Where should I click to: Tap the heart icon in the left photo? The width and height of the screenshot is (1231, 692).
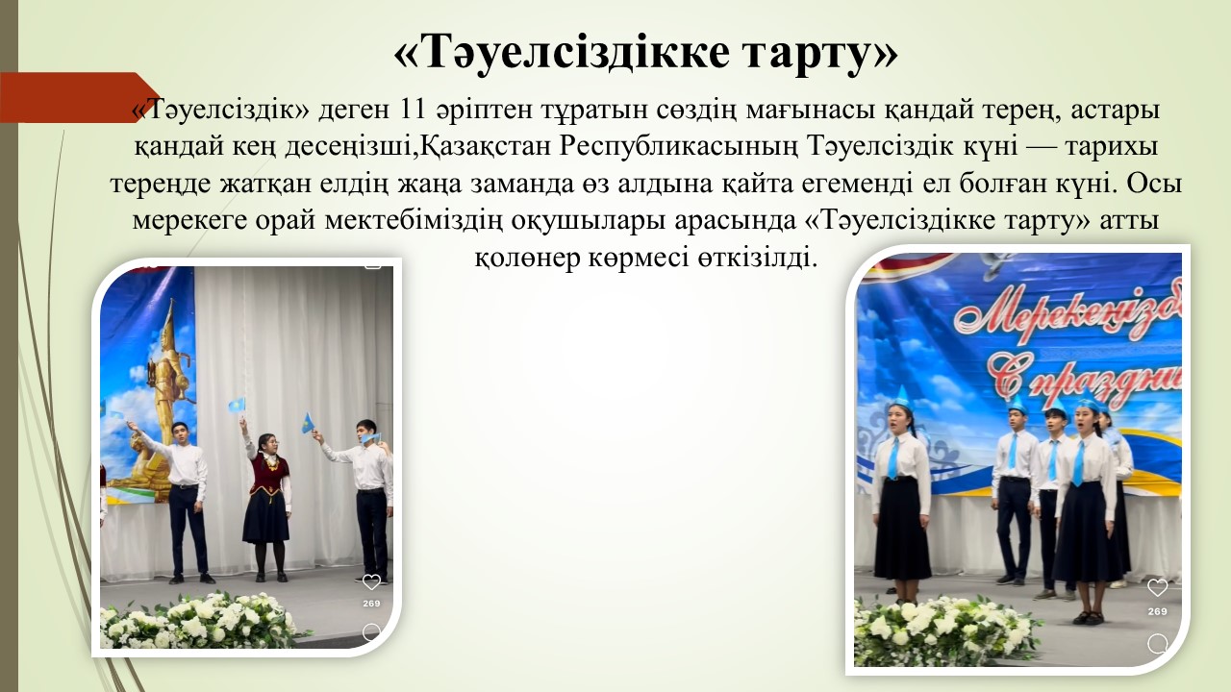371,581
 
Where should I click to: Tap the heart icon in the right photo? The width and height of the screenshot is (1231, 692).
1157,588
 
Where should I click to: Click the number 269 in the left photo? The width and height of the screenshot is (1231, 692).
371,604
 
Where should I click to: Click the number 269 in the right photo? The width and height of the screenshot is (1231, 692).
1157,611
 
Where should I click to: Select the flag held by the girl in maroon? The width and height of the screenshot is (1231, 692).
237,406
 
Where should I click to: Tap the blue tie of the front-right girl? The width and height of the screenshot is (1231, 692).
1080,463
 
